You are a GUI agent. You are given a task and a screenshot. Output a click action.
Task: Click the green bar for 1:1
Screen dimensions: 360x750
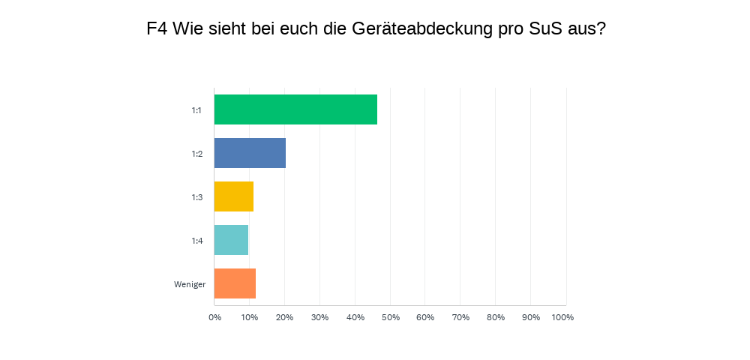click(295, 109)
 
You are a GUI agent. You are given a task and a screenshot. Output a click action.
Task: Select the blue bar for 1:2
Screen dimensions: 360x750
click(250, 153)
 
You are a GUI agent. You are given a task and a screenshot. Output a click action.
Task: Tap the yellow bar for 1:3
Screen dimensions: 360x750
click(233, 196)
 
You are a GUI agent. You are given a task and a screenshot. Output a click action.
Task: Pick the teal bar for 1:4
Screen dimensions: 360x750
click(231, 240)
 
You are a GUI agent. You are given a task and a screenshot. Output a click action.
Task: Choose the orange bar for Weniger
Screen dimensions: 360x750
click(235, 283)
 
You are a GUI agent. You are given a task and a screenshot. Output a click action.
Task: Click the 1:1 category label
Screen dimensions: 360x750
click(196, 110)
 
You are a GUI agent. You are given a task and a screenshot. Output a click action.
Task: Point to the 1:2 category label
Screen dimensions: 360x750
click(196, 154)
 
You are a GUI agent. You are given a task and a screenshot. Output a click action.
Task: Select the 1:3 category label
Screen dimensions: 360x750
click(196, 197)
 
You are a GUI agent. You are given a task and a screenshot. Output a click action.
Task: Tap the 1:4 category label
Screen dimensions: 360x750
click(196, 241)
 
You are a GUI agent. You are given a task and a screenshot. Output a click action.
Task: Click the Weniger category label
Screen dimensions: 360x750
click(190, 284)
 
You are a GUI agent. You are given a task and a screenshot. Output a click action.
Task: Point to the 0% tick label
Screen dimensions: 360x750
click(214, 317)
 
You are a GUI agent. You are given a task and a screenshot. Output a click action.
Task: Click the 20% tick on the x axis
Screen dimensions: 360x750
click(284, 317)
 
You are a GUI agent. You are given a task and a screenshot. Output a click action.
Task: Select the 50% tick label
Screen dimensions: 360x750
click(390, 317)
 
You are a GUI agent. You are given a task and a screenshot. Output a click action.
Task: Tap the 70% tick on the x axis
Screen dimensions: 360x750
click(460, 317)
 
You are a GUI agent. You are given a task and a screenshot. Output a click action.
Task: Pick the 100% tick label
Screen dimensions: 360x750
click(562, 317)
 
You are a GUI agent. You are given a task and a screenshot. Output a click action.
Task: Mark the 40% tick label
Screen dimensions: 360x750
click(355, 317)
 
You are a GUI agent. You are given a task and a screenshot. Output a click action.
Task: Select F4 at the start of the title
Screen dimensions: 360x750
click(157, 29)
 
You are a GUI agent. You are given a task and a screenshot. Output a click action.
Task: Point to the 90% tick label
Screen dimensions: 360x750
click(530, 317)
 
